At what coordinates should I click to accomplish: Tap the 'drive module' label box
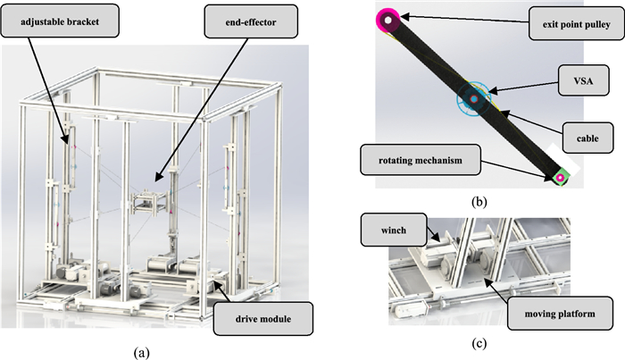pyautogui.click(x=263, y=314)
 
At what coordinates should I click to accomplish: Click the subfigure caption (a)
pyautogui.click(x=140, y=352)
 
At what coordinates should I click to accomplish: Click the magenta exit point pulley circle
pyautogui.click(x=390, y=17)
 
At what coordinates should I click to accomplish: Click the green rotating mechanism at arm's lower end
pyautogui.click(x=560, y=178)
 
